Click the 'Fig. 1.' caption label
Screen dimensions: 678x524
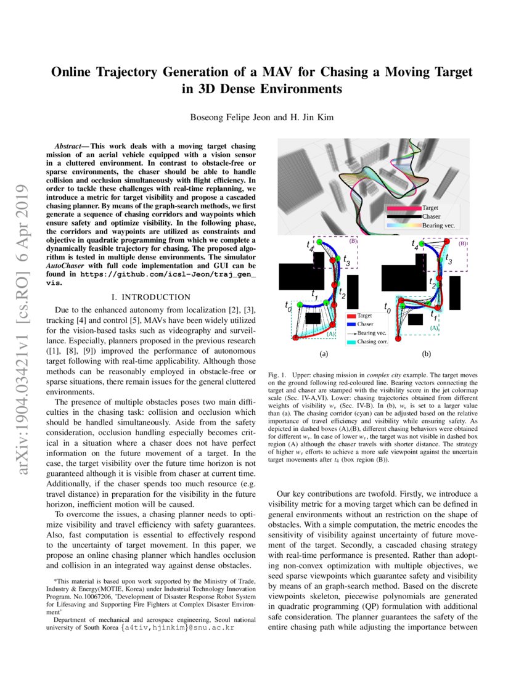point(280,375)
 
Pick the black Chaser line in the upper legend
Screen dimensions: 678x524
point(403,217)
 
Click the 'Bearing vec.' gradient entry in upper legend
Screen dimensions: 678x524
point(403,226)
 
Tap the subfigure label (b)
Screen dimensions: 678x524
point(426,354)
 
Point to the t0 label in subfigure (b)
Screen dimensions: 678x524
point(387,306)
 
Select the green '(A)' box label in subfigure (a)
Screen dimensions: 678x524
point(330,333)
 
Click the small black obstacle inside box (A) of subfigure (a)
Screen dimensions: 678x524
point(313,318)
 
